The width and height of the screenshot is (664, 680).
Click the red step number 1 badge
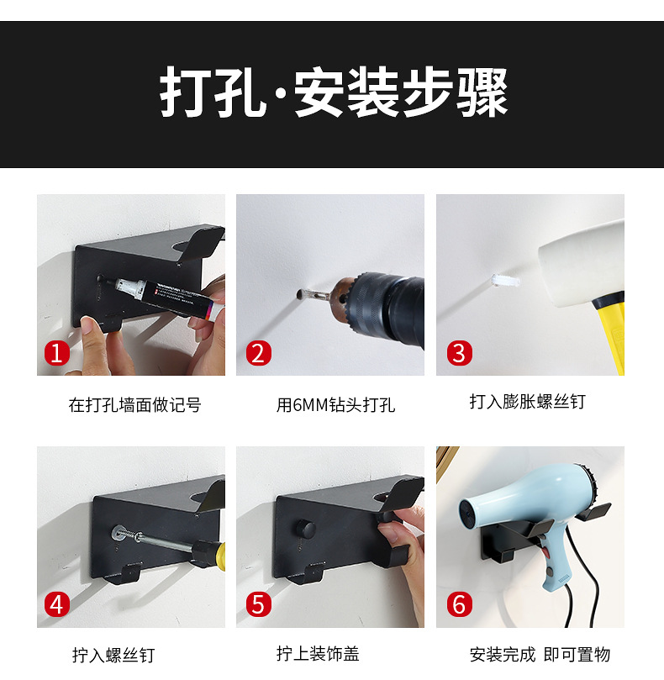coord(57,352)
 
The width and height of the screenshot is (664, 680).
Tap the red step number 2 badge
coord(259,352)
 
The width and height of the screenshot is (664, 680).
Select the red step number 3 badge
coord(459,352)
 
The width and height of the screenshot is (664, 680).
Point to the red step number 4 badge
coord(57,604)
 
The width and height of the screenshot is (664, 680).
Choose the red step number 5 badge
coord(259,604)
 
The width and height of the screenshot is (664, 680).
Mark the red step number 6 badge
coord(459,604)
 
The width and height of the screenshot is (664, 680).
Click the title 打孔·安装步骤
coord(334,92)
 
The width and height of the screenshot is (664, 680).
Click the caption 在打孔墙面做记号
coord(134,404)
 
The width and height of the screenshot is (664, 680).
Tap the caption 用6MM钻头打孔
coord(335,404)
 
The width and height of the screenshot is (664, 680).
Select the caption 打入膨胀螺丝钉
coord(527,401)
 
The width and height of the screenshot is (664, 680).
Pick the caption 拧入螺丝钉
coord(113,655)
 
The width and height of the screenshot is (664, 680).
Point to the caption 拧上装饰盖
coord(318,653)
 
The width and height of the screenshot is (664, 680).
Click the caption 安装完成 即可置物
coord(540,654)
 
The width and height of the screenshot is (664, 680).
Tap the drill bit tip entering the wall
coord(300,295)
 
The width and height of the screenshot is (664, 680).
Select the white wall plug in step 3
coord(505,281)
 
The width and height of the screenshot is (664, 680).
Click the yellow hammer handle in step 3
coord(610,333)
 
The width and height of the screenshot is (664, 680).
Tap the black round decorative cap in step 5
coord(305,529)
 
